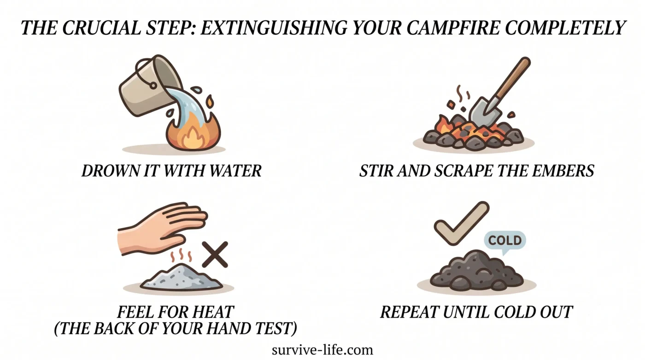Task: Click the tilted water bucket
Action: [150, 85]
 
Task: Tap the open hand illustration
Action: [161, 229]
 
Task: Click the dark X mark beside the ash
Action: [215, 254]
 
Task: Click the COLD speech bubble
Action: [505, 241]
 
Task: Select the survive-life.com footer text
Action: [322, 350]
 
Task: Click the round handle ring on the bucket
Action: [153, 86]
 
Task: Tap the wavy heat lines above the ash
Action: [181, 255]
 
